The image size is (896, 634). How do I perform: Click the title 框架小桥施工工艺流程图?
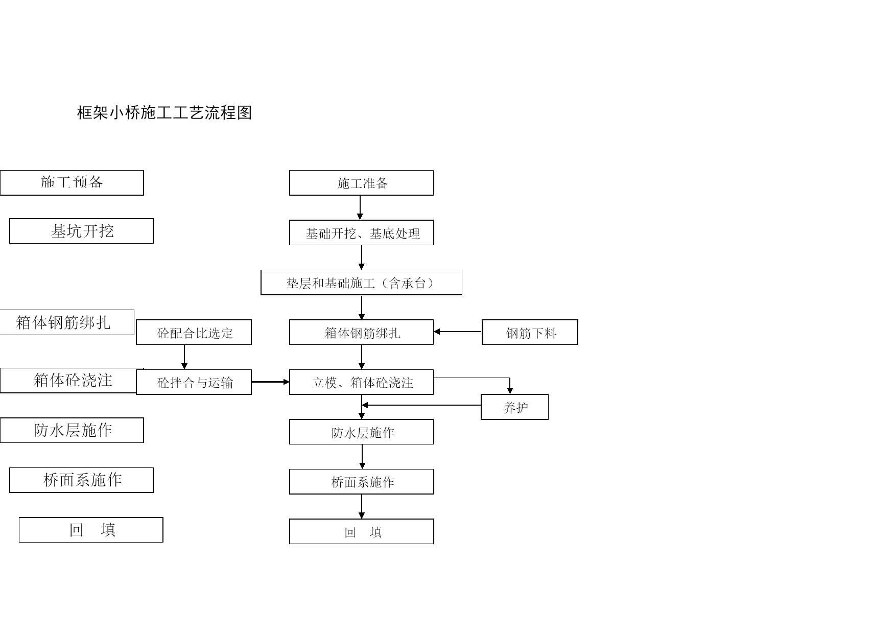164,112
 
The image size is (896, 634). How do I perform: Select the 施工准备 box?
361,183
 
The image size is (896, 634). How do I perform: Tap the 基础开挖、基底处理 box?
361,232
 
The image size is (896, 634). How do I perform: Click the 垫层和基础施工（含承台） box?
361,283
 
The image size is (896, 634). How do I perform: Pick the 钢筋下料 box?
530,332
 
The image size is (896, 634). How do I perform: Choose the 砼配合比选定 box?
194,332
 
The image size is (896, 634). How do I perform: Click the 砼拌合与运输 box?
194,382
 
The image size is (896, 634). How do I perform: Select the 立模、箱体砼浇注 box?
361,382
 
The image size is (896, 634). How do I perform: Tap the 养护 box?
514,407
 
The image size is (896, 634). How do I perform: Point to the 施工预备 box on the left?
72,183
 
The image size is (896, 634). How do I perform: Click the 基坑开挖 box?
81,231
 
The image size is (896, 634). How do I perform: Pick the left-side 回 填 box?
91,530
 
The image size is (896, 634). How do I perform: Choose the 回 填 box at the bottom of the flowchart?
361,531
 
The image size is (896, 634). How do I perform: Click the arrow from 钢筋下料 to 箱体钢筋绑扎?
458,332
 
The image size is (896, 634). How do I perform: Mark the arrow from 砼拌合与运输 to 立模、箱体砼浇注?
270,382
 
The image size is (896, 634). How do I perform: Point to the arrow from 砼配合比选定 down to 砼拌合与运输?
184,357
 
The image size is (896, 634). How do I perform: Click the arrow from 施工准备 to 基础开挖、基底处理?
360,207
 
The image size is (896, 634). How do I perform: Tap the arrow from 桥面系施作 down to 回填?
362,506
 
